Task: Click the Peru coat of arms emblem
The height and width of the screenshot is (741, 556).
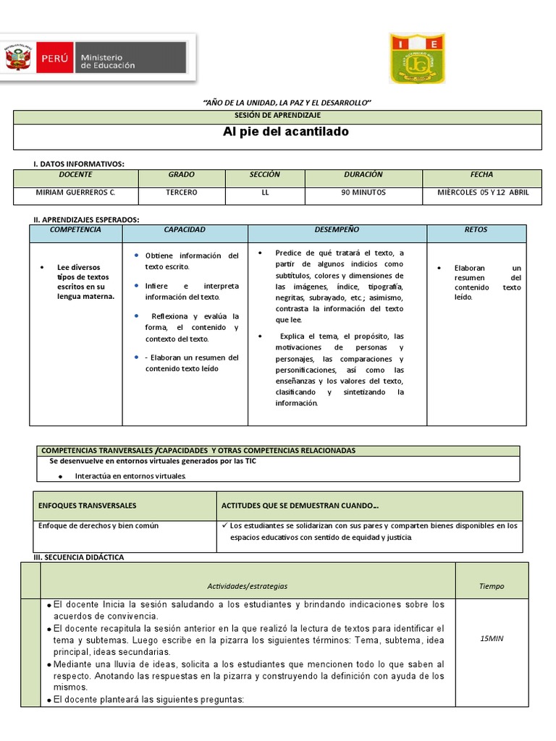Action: tap(20, 56)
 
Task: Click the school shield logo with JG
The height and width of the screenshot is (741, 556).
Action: tap(417, 57)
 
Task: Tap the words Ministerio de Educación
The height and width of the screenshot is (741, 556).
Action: tap(107, 61)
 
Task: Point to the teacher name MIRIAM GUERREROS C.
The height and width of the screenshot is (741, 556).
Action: tap(75, 192)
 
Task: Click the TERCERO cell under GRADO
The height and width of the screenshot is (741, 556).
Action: tap(182, 192)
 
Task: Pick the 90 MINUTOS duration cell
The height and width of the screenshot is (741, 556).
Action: tap(363, 192)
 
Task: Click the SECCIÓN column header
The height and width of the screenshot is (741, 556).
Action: tap(264, 175)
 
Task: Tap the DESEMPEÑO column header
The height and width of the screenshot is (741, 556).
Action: tap(337, 230)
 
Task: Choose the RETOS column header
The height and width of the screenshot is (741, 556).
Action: tap(476, 230)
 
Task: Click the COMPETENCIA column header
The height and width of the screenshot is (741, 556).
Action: tap(75, 230)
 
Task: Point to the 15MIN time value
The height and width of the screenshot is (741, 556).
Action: tap(492, 639)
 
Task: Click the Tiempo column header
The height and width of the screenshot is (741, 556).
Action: tap(492, 586)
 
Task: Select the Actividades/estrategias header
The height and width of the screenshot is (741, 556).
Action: tap(248, 586)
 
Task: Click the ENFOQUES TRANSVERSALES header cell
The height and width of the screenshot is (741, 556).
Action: tap(88, 505)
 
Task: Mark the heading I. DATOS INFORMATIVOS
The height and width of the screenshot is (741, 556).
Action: tap(79, 164)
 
